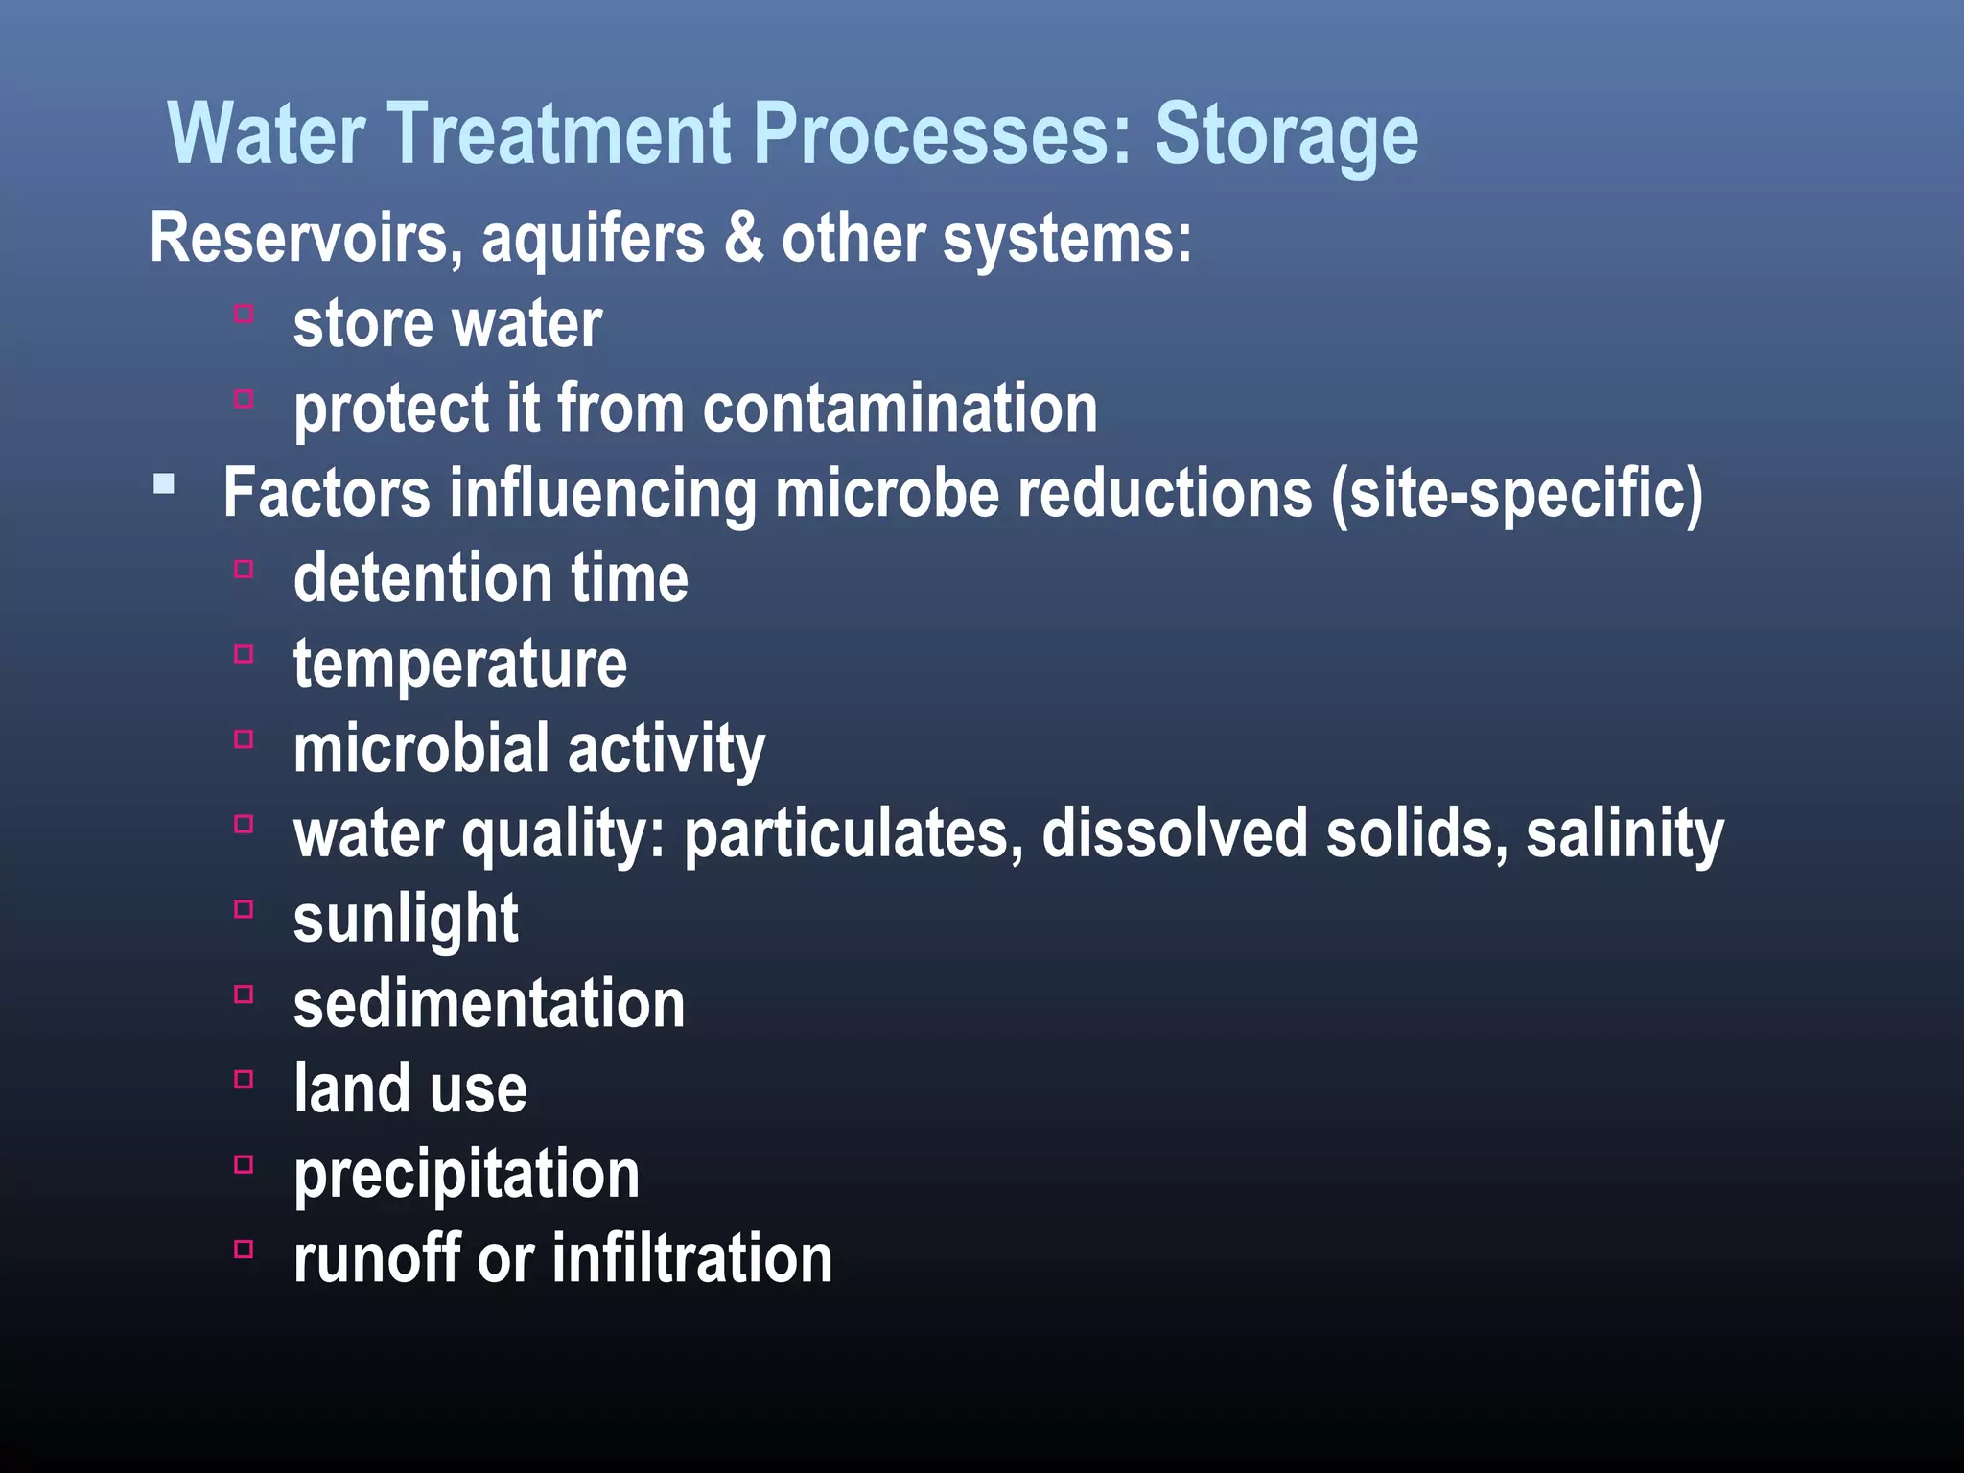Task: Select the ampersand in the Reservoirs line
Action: click(744, 238)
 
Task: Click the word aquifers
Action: click(593, 238)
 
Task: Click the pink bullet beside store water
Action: click(244, 314)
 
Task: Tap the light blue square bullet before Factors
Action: click(164, 483)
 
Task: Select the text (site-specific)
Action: click(1517, 493)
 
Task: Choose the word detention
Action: click(423, 579)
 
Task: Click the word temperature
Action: click(459, 665)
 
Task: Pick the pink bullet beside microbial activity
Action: click(244, 739)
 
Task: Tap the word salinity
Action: click(1625, 833)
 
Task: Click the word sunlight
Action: click(406, 919)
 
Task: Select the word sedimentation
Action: click(489, 1004)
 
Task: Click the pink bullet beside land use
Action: click(244, 1080)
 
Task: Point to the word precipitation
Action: click(466, 1175)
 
